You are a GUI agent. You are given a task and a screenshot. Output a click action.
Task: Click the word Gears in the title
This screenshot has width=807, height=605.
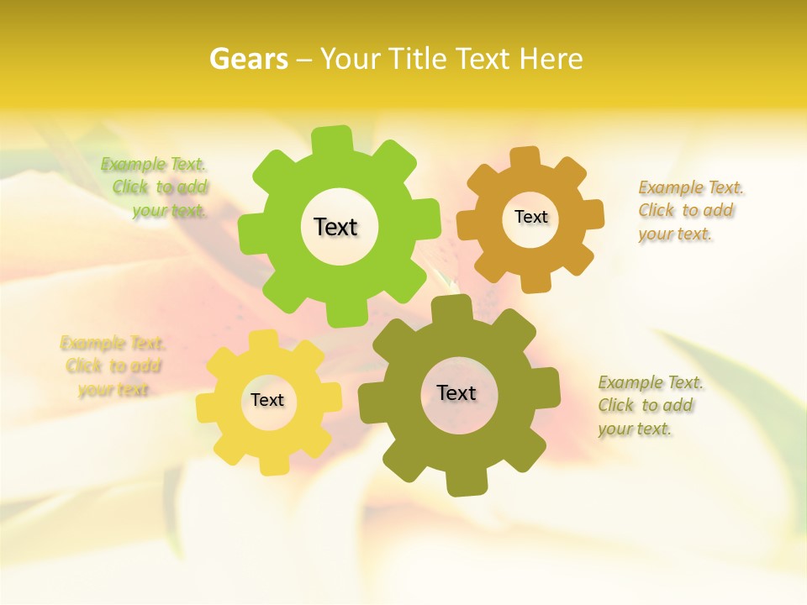(248, 59)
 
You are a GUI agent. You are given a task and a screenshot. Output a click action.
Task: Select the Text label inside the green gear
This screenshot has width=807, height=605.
(335, 227)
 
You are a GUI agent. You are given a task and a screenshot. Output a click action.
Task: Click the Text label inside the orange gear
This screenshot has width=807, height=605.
(530, 217)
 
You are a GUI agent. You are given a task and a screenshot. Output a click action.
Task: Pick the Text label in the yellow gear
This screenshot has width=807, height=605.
(267, 400)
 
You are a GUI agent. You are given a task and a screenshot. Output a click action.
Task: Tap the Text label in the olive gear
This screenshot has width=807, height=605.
(456, 392)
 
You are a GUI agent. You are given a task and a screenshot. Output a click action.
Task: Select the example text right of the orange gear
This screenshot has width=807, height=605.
(689, 211)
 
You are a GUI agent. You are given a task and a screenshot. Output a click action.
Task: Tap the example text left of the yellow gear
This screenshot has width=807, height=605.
(113, 366)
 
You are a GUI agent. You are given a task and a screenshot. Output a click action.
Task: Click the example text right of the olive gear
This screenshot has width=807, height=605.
(649, 406)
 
